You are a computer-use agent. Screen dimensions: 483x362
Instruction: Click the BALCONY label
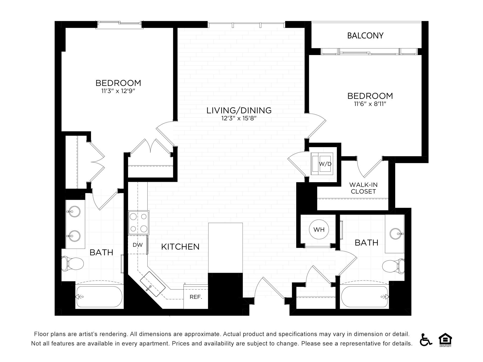coord(365,36)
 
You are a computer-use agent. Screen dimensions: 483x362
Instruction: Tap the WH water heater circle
coord(319,229)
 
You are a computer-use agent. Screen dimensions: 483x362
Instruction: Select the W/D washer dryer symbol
coord(322,164)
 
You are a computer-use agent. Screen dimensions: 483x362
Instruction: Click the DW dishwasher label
coord(138,245)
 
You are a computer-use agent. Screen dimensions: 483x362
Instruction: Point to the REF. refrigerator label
coord(196,297)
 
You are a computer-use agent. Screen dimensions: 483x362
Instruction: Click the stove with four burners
coord(139,223)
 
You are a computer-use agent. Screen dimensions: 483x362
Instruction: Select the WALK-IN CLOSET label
coord(363,188)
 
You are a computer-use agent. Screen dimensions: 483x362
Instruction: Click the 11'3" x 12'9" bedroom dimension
coord(118,91)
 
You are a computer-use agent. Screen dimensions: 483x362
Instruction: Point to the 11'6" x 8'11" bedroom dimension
coord(370,104)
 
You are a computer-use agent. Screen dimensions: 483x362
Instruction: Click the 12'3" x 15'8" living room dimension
coord(239,118)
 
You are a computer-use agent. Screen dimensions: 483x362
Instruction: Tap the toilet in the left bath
coord(72,264)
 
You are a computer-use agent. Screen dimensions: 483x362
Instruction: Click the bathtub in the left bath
coord(99,297)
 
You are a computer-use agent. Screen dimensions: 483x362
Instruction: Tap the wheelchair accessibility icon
coord(426,340)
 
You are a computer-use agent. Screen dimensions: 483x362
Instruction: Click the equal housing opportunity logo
coord(445,340)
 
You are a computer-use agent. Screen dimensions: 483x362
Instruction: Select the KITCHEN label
coord(180,247)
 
